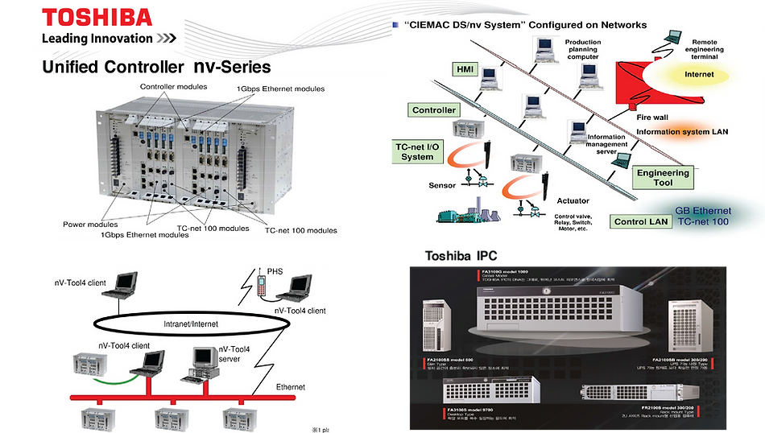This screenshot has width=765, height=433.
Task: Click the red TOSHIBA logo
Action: pos(96,16)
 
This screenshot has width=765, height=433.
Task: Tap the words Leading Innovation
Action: pos(97,38)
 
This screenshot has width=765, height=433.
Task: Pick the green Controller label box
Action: pos(434,110)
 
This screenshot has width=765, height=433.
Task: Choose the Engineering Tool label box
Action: pos(664,178)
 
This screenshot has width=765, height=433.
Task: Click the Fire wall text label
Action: pos(653,117)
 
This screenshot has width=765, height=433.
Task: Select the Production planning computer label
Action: pos(582,49)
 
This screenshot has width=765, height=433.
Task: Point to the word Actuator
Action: pos(573,200)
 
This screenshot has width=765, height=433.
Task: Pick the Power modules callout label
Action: pos(91,225)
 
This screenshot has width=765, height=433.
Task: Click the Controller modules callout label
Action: pos(173,87)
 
